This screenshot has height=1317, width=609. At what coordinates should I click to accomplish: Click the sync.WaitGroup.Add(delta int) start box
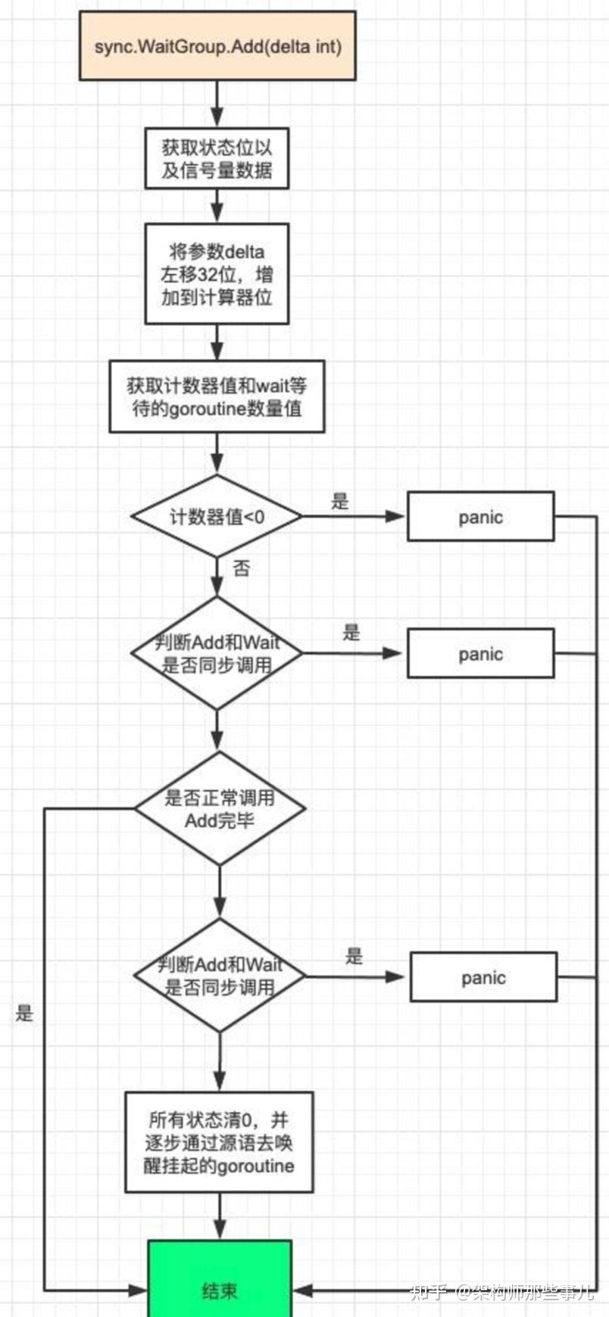[x=217, y=46]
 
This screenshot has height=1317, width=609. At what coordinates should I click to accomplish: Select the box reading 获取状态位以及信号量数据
[x=217, y=159]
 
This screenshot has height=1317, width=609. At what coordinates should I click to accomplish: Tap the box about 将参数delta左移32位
[x=217, y=274]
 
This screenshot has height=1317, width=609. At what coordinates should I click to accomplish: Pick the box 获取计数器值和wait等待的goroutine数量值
[x=217, y=397]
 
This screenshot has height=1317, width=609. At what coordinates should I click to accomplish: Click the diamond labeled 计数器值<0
[x=217, y=517]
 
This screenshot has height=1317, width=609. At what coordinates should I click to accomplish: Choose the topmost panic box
[x=480, y=517]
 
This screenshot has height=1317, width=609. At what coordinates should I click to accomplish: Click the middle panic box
[x=480, y=653]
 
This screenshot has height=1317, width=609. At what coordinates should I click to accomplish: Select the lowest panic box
[x=483, y=977]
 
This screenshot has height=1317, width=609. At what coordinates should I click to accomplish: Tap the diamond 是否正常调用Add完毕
[x=220, y=808]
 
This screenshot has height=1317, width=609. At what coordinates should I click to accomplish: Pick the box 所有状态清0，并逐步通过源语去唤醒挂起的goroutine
[x=219, y=1142]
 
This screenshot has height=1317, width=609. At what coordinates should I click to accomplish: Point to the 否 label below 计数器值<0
[x=241, y=568]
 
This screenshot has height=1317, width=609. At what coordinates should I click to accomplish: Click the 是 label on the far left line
[x=24, y=1013]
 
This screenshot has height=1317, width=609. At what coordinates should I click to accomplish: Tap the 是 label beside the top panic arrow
[x=340, y=500]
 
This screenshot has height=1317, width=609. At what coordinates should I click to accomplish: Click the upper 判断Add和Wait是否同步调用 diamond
[x=217, y=653]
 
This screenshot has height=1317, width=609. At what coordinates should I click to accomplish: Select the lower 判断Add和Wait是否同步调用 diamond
[x=220, y=976]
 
